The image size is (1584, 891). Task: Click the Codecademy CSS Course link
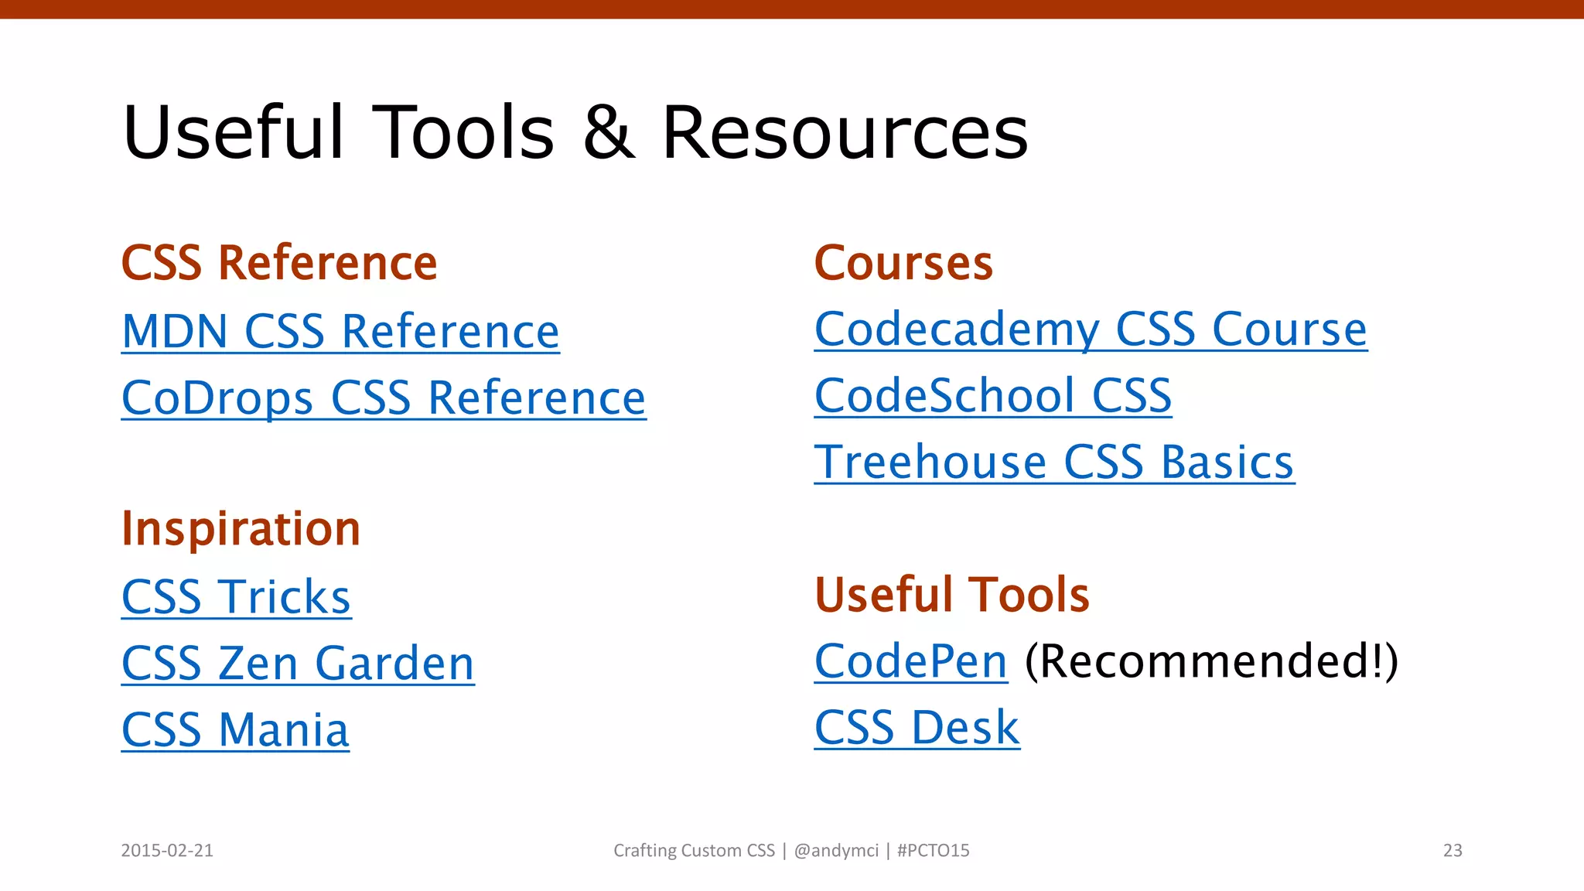pos(1091,329)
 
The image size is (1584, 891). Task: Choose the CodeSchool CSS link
pos(993,396)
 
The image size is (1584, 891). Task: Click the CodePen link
pos(911,661)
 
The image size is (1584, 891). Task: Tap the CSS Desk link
pos(917,728)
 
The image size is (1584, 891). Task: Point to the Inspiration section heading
pos(241,529)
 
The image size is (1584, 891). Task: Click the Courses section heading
pos(903,263)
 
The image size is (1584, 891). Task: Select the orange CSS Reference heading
pos(279,263)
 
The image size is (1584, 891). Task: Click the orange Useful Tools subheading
pos(952,595)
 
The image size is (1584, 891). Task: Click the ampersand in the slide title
pos(608,133)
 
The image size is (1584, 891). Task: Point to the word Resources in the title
pos(845,133)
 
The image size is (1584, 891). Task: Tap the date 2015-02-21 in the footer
pos(167,851)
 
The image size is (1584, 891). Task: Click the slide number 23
pos(1453,851)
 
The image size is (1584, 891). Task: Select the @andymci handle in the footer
pos(836,851)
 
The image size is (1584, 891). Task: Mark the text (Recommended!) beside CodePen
pos(1211,661)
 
